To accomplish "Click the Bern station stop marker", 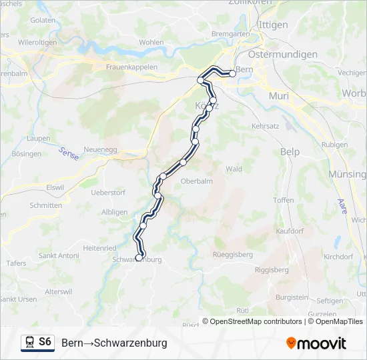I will coord(232,73).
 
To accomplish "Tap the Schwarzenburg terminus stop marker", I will coord(139,257).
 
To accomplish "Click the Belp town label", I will coord(290,152).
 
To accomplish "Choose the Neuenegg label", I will coord(101,150).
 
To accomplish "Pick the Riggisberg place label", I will coord(272,270).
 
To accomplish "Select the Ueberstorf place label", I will coord(108,193).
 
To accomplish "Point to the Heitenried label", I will coord(99,247).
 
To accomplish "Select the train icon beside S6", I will coord(29,343).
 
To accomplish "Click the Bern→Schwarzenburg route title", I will coord(114,343).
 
